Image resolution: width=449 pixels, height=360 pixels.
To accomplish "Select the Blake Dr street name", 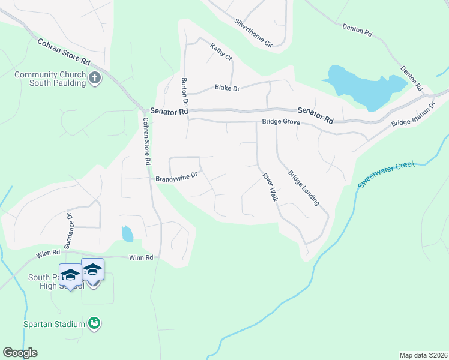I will [x=227, y=88].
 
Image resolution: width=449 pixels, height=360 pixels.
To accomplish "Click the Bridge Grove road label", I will [x=280, y=122].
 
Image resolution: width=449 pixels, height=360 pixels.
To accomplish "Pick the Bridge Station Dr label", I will [x=413, y=115].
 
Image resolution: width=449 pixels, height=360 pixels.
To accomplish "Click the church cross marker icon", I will [x=95, y=78].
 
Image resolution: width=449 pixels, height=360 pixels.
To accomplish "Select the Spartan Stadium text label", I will [x=54, y=325].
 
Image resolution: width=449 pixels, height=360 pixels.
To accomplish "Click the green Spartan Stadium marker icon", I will [x=94, y=323].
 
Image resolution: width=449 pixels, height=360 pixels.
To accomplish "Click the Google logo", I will [x=20, y=353].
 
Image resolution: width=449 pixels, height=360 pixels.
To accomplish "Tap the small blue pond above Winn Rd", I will [x=127, y=233].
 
